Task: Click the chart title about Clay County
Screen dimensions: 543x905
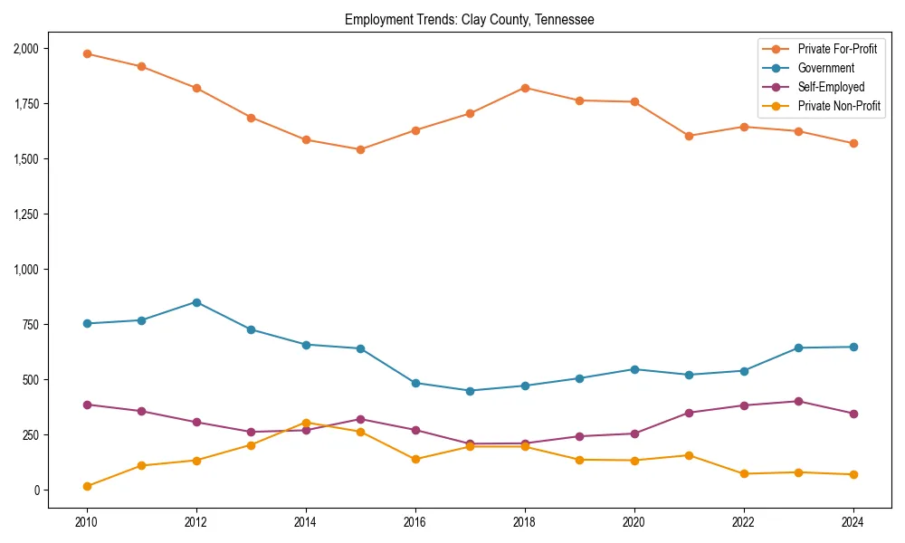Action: point(469,19)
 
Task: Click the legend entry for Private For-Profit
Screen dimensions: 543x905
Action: point(837,49)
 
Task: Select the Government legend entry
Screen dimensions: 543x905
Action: point(825,68)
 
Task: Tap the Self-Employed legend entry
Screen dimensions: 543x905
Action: point(831,87)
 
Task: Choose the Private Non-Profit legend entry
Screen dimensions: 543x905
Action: point(839,106)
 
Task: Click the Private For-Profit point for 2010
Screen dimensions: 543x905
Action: point(87,53)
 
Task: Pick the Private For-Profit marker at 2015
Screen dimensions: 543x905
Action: point(360,149)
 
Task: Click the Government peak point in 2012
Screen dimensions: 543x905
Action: point(196,302)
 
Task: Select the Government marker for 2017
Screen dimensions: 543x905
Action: point(470,391)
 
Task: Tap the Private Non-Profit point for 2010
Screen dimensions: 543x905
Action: point(87,486)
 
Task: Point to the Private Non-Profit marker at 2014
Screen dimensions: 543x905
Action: point(306,423)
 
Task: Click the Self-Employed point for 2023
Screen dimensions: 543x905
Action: point(798,401)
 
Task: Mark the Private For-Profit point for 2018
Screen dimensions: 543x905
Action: point(525,88)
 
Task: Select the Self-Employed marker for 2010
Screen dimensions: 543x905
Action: point(87,405)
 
